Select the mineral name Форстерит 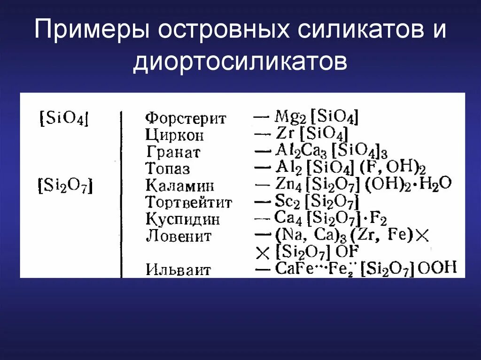point(186,118)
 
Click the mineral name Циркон point(175,135)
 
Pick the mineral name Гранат point(173,152)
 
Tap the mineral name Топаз point(168,169)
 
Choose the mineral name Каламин point(180,185)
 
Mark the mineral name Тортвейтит point(189,202)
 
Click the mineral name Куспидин point(183,219)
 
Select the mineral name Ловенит point(178,236)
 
